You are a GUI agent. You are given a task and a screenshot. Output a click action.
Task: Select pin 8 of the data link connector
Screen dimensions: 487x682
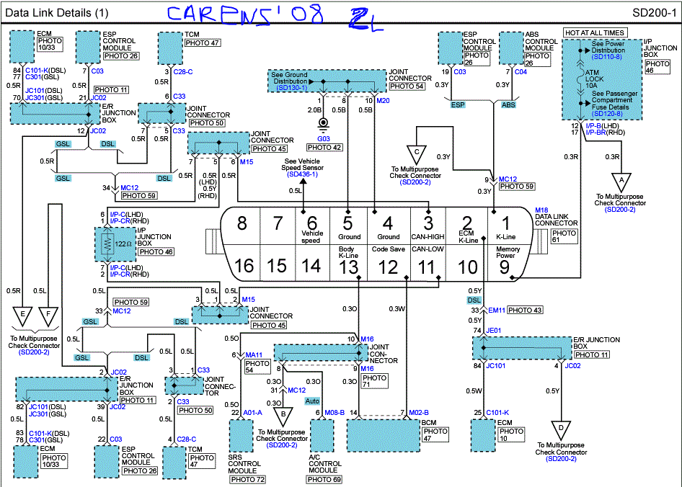[243, 223]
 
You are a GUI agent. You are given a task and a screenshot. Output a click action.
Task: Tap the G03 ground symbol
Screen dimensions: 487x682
[324, 125]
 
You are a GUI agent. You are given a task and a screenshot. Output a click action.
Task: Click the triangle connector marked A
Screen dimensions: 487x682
[621, 179]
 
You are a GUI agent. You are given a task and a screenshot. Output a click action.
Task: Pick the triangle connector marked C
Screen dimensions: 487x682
[417, 153]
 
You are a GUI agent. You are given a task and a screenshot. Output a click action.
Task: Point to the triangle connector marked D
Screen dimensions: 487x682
[560, 429]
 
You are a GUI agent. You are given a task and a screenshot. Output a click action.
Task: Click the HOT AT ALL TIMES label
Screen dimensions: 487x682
[595, 32]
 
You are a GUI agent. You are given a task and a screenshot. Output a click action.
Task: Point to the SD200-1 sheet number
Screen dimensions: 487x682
[654, 13]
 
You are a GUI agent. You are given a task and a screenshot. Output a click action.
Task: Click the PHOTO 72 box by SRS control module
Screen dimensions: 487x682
[248, 480]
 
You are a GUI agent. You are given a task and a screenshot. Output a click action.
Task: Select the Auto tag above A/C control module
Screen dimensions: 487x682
[313, 400]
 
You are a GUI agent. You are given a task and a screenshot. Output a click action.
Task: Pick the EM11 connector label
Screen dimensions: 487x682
[495, 310]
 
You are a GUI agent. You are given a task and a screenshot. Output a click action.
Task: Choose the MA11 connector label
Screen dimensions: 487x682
[254, 354]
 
